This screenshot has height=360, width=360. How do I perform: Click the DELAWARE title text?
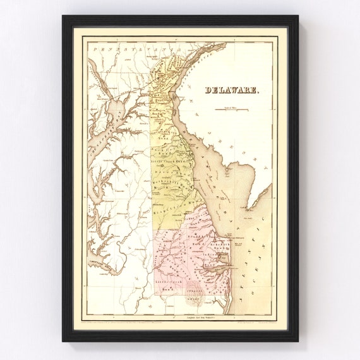tap(231, 90)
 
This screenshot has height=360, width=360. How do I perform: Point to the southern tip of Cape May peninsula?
tap(248, 207)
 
